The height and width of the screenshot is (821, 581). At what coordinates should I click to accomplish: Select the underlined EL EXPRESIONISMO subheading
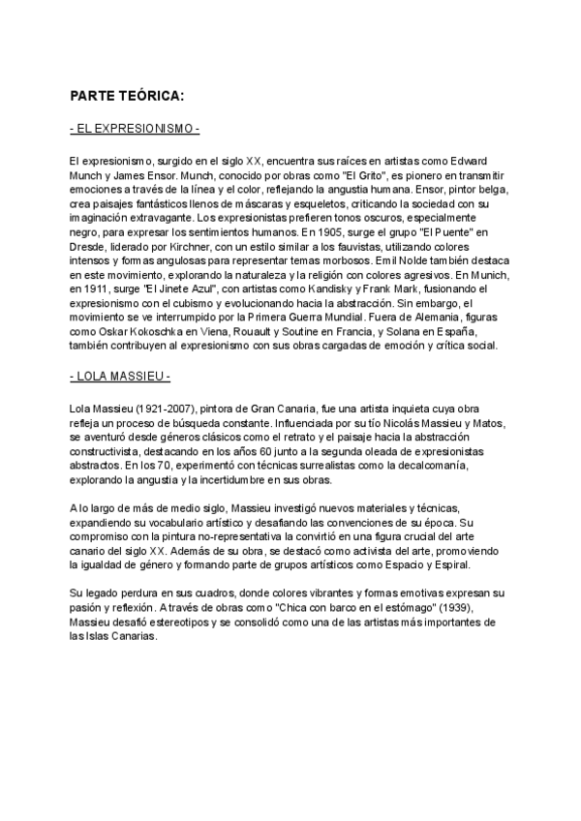point(136,130)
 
